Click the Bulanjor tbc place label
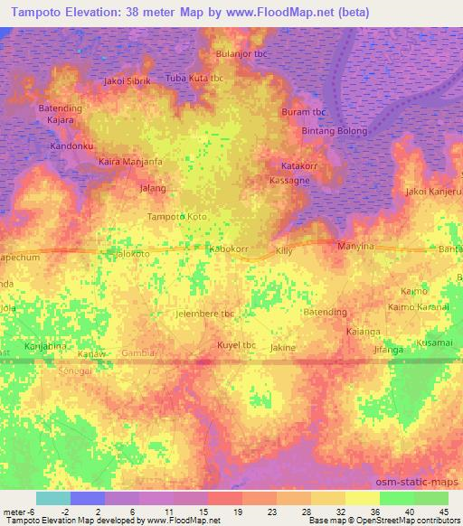(x=239, y=53)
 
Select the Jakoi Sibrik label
(x=127, y=80)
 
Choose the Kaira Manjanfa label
(x=130, y=162)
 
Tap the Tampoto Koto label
(x=177, y=217)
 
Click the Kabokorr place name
(x=228, y=248)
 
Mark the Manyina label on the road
(x=355, y=246)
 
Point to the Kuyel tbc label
(x=238, y=345)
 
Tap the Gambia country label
(x=139, y=352)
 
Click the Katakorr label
(x=299, y=167)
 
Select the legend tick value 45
(x=444, y=512)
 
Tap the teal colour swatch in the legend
(x=52, y=498)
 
